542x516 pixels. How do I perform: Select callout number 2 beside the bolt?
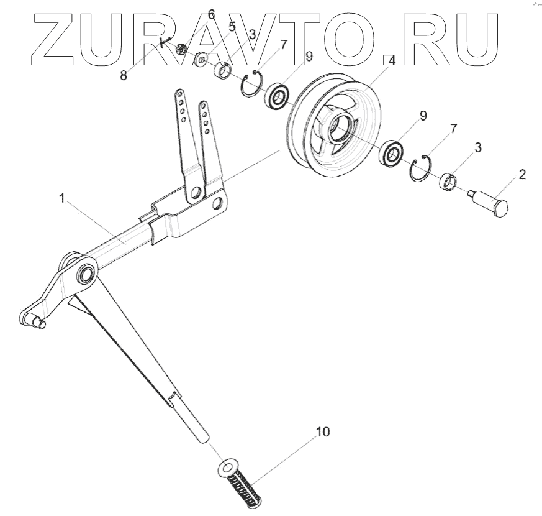pyautogui.click(x=522, y=174)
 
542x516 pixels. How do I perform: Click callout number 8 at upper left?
pyautogui.click(x=123, y=76)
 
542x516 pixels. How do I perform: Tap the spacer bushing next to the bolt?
pyautogui.click(x=448, y=183)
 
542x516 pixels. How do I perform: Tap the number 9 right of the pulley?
pyautogui.click(x=422, y=116)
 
